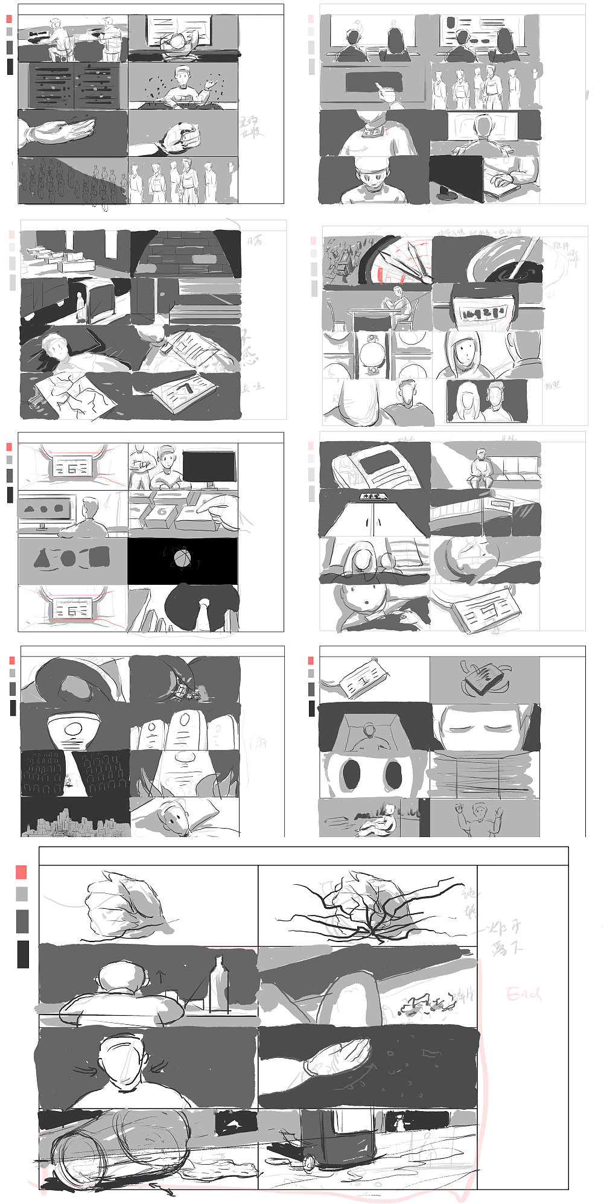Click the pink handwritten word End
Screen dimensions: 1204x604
click(523, 993)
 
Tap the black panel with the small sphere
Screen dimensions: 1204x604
click(182, 560)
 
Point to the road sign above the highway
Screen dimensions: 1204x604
click(373, 496)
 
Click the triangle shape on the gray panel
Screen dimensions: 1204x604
click(42, 559)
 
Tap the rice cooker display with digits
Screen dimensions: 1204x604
click(481, 312)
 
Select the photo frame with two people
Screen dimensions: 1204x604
click(485, 401)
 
